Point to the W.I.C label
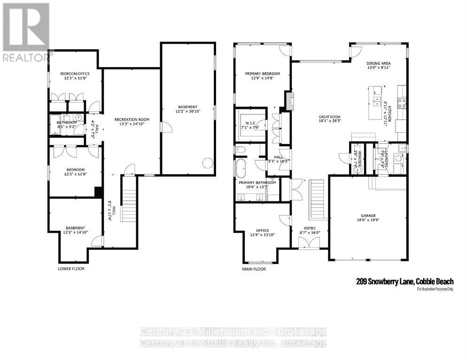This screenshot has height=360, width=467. (249, 123)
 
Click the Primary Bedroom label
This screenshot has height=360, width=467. (263, 74)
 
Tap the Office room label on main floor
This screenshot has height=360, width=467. (262, 230)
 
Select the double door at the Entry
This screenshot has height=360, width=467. (309, 242)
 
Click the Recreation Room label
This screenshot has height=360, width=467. (132, 120)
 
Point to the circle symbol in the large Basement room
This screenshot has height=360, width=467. (207, 163)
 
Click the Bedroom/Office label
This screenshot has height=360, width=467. (75, 74)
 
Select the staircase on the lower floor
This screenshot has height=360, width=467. (128, 197)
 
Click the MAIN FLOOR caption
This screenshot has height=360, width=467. (254, 269)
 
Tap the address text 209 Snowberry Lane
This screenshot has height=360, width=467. (385, 282)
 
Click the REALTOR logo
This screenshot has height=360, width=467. (25, 33)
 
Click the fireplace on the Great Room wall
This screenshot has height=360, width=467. (289, 100)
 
